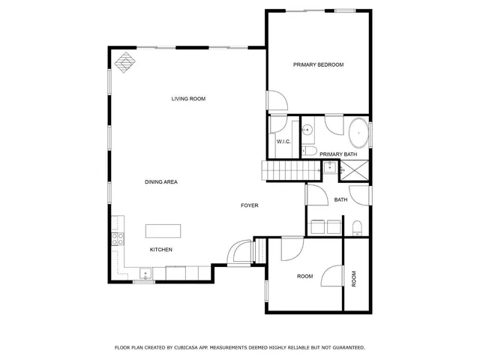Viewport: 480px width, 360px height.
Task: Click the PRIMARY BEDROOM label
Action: pyautogui.click(x=318, y=65)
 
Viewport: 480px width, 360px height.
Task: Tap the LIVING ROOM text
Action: pyautogui.click(x=188, y=99)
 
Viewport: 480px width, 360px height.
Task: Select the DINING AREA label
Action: pyautogui.click(x=160, y=182)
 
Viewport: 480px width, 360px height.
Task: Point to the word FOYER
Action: pyautogui.click(x=249, y=205)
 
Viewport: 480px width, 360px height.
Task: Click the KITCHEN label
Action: pyautogui.click(x=161, y=250)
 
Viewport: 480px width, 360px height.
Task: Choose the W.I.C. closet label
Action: pyautogui.click(x=283, y=142)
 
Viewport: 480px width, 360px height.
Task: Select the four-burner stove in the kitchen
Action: pyautogui.click(x=118, y=240)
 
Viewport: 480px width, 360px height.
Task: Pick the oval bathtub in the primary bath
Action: pyautogui.click(x=358, y=133)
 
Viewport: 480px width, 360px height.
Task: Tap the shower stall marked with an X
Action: pyautogui.click(x=358, y=170)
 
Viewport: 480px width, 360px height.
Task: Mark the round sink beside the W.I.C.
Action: pyautogui.click(x=307, y=130)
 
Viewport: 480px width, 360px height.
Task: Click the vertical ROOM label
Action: pyautogui.click(x=355, y=278)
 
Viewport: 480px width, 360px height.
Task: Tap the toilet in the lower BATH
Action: pyautogui.click(x=358, y=227)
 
